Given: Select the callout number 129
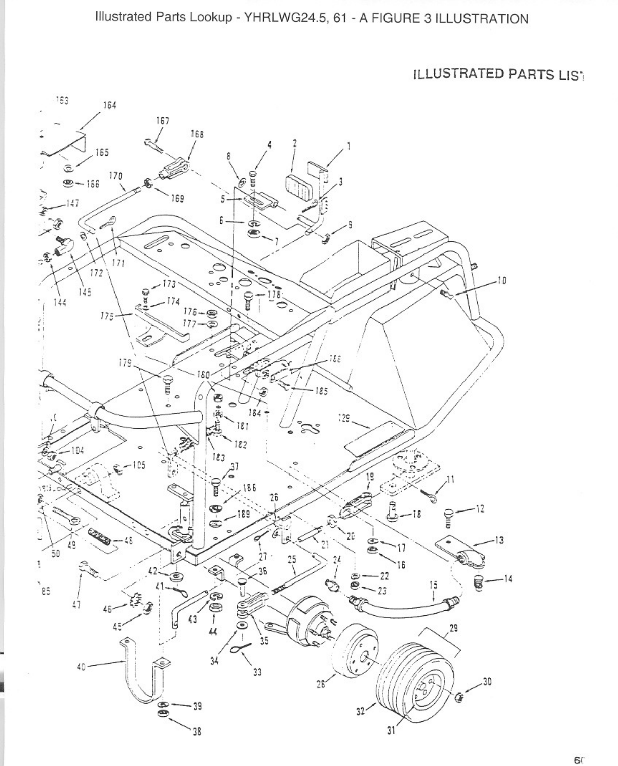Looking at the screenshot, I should (x=344, y=416).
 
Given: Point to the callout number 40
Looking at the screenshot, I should (x=81, y=667).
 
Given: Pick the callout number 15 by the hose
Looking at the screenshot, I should (x=433, y=585).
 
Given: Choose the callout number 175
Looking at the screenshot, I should (x=107, y=315).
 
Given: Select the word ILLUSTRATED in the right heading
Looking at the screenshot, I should (x=455, y=74).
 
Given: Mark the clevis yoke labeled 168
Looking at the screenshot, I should (x=174, y=167).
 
